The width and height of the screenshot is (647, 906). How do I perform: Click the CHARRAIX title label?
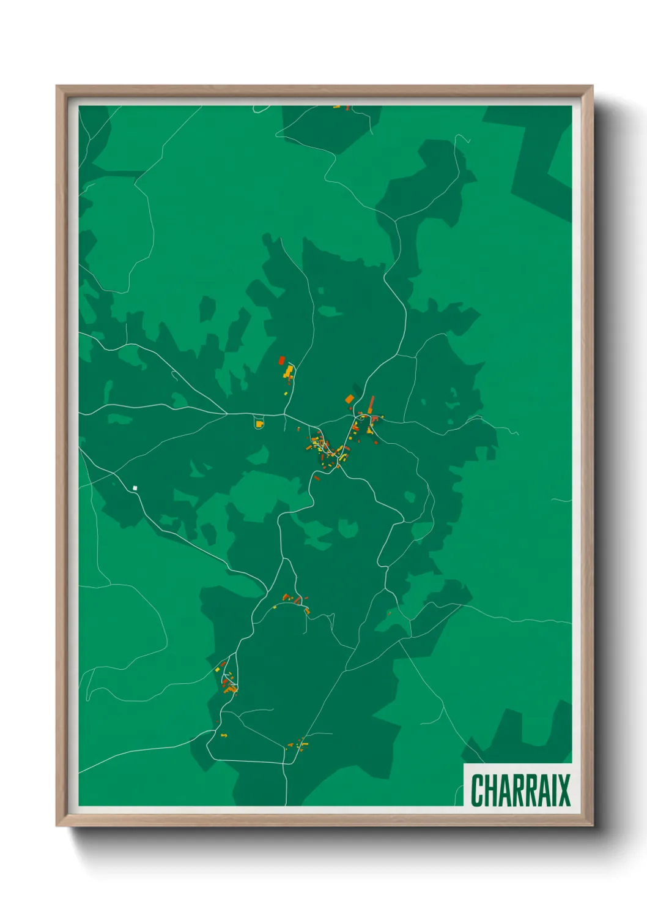tap(520, 790)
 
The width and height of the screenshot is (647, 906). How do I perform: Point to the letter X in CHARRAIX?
tap(563, 790)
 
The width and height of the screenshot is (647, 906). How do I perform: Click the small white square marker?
tap(135, 488)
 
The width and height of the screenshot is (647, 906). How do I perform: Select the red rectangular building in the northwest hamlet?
tap(282, 360)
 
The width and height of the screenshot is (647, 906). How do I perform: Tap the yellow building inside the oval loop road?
tap(259, 424)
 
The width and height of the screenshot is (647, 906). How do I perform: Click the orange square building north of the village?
tap(349, 399)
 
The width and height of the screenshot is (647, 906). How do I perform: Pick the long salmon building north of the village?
tap(371, 402)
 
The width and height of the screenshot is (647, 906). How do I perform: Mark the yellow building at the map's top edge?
tap(336, 107)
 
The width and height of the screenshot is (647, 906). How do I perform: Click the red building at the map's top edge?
tap(348, 108)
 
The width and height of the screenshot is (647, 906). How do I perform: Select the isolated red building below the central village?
tap(317, 477)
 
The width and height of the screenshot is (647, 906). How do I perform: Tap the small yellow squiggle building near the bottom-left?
tap(224, 735)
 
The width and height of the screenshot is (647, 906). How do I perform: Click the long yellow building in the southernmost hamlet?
tap(304, 744)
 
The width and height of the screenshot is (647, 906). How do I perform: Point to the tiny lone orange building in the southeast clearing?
tap(389, 612)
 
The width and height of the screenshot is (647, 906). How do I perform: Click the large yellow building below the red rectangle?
tap(288, 371)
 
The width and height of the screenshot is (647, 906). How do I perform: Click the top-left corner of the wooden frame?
tap(57, 86)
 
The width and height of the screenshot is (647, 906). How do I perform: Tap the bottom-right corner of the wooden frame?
tap(592, 825)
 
